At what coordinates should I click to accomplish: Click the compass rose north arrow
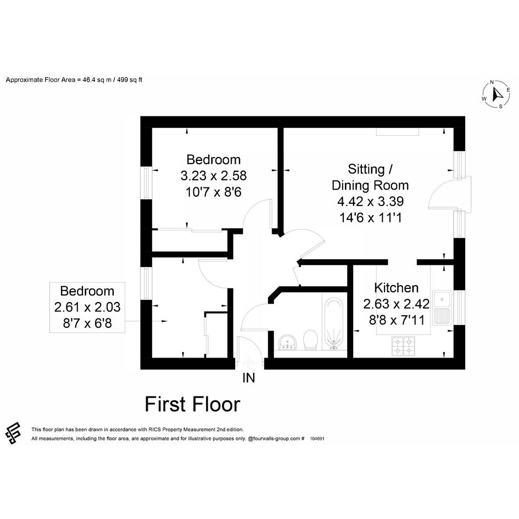[496, 94]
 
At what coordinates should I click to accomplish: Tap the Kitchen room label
[396, 288]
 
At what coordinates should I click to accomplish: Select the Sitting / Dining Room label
[370, 177]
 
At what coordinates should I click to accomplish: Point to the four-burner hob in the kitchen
[403, 346]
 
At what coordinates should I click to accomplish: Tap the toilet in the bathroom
[310, 339]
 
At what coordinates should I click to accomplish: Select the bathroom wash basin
[287, 342]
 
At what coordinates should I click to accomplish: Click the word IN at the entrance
[249, 378]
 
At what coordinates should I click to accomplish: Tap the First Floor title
[192, 404]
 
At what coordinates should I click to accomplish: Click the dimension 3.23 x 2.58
[214, 176]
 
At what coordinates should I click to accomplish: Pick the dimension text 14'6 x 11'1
[370, 218]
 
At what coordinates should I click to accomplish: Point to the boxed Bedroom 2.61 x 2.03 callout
[87, 307]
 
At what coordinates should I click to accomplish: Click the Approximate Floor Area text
[74, 80]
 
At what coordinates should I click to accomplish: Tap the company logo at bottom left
[13, 433]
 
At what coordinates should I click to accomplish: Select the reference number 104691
[317, 439]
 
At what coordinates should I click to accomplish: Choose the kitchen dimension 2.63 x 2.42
[396, 304]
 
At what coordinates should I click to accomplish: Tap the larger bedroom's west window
[146, 182]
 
